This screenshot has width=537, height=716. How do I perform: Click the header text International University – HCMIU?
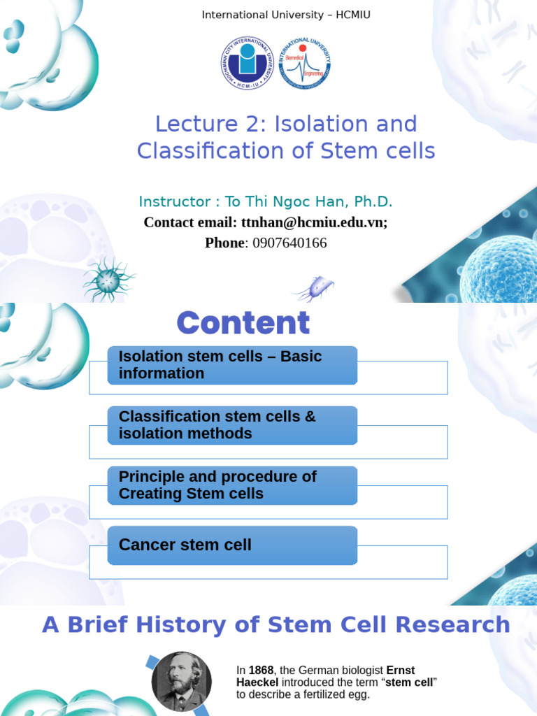click(286, 15)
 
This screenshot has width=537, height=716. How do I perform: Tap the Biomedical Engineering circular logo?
click(305, 64)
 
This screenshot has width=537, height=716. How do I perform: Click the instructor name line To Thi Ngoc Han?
click(266, 202)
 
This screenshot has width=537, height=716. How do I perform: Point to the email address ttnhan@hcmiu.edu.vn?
click(313, 222)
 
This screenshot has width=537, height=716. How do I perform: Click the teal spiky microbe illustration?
click(108, 279)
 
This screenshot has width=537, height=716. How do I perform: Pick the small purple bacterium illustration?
click(314, 287)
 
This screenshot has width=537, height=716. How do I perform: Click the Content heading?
click(243, 323)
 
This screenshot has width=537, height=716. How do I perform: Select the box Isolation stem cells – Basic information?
click(232, 365)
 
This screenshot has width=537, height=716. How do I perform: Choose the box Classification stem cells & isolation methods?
click(232, 425)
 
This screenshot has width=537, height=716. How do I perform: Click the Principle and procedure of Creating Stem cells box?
click(232, 485)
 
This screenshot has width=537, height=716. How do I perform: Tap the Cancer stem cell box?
click(232, 545)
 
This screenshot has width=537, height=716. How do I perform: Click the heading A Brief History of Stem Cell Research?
click(275, 624)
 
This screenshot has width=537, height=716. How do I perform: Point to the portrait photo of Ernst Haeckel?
click(181, 681)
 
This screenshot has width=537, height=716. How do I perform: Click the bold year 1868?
click(261, 671)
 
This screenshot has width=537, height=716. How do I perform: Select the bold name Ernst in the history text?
click(400, 671)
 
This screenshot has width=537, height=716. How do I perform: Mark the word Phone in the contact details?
click(224, 243)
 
